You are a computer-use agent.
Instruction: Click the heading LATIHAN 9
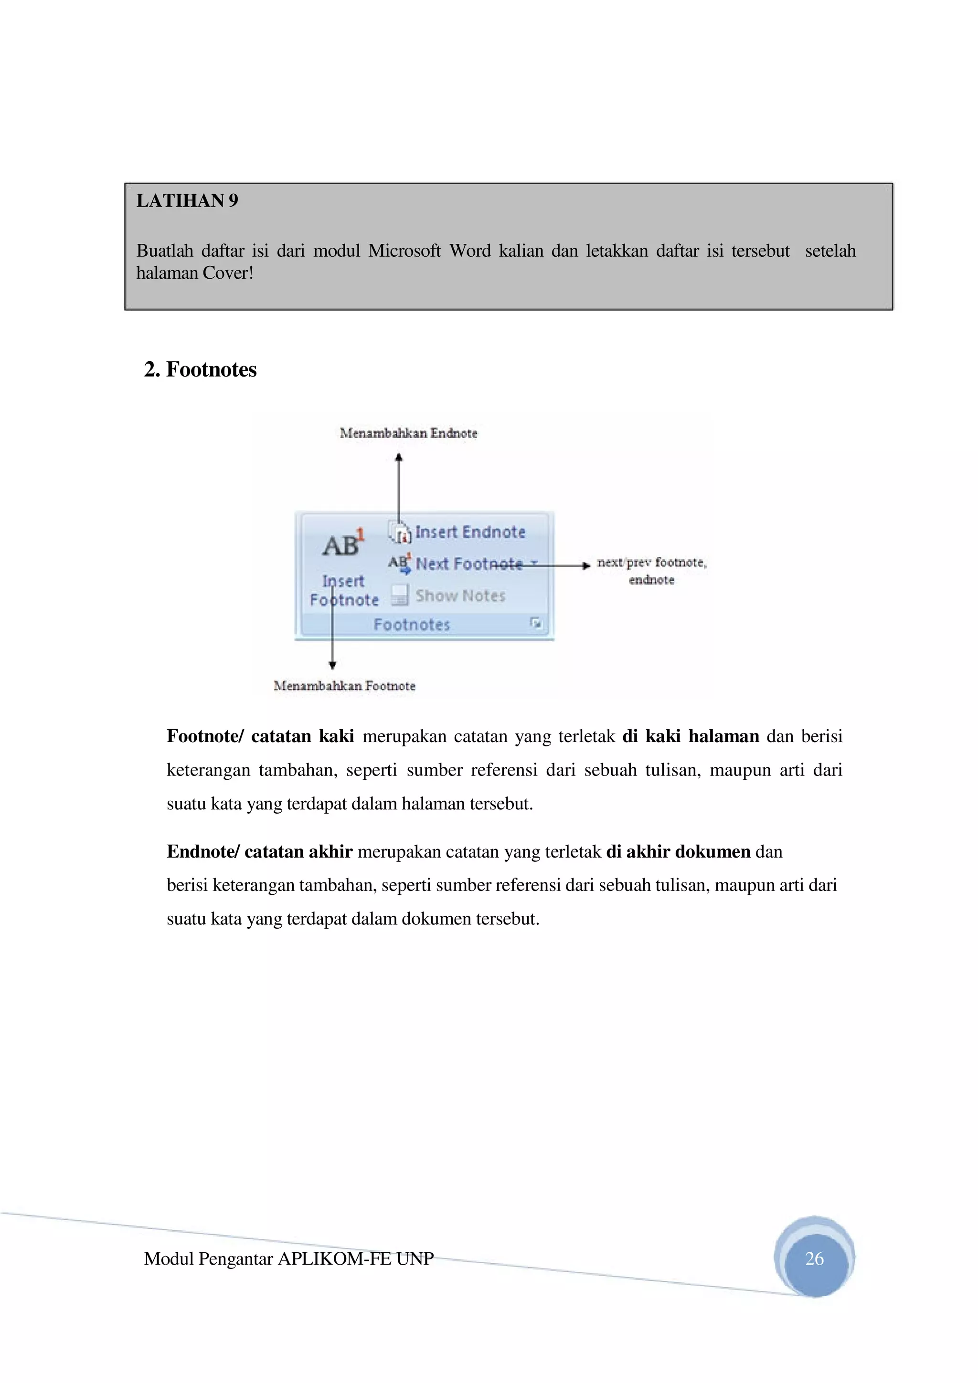point(187,200)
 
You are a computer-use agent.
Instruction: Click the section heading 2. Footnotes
point(200,369)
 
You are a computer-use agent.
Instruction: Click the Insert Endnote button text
point(470,533)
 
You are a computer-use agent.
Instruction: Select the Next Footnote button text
point(469,564)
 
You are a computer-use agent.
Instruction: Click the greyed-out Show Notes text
point(460,596)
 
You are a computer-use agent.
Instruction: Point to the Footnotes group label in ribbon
point(412,625)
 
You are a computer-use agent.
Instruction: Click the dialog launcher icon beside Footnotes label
point(535,623)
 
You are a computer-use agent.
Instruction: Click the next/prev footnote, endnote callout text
point(651,570)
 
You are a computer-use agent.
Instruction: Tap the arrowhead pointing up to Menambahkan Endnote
point(398,458)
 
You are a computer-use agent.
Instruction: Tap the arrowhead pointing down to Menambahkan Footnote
point(332,665)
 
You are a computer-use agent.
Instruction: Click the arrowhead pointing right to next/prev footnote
point(586,566)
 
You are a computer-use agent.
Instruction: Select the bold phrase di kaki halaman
point(690,736)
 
